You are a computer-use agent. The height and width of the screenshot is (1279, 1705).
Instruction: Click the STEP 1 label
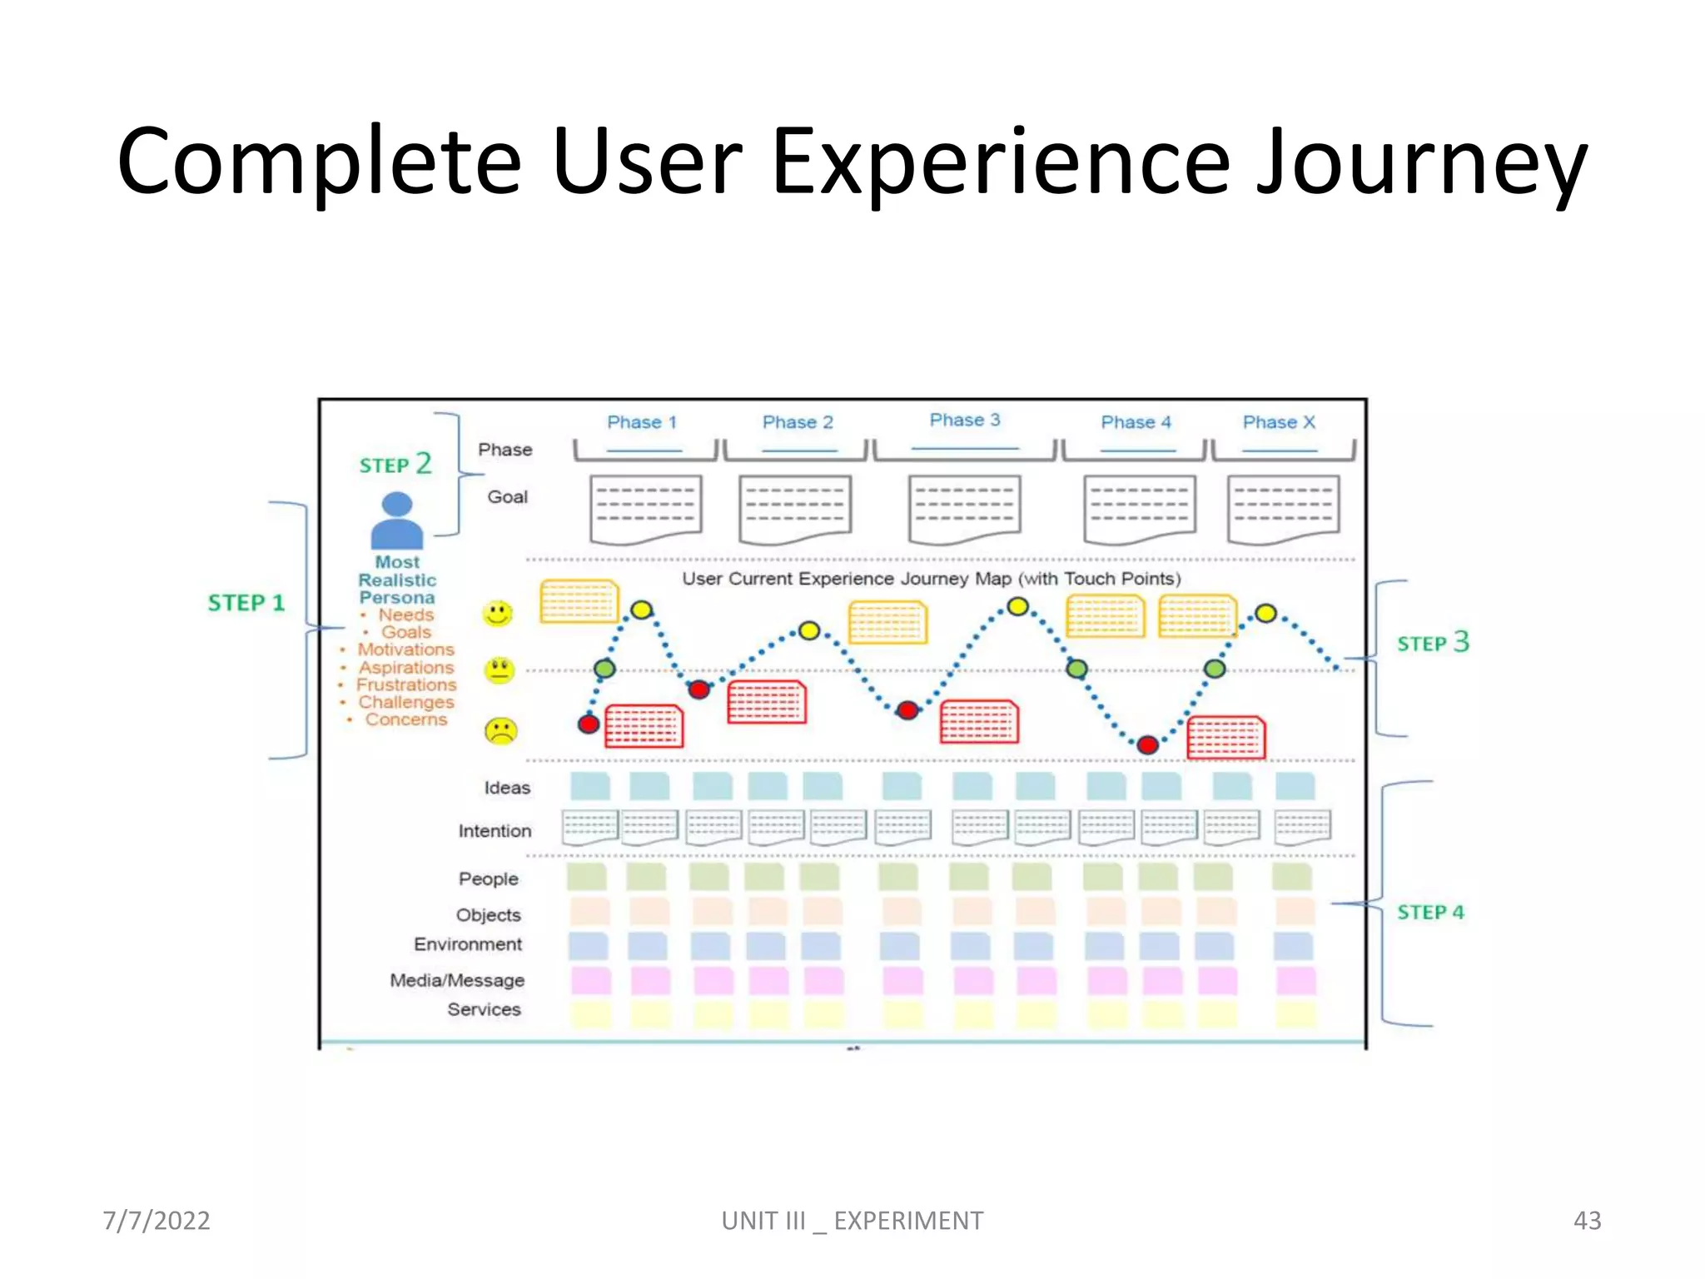coord(246,603)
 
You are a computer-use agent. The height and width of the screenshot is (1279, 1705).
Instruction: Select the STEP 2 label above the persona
coord(395,464)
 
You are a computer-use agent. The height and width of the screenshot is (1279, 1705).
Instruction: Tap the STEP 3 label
coord(1433,643)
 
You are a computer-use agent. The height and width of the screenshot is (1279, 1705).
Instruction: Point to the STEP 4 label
coord(1429,913)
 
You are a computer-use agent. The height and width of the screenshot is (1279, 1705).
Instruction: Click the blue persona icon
coord(397,520)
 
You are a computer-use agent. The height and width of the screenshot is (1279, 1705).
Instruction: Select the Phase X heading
coord(1279,422)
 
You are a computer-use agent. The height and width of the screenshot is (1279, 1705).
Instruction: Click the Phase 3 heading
coord(964,421)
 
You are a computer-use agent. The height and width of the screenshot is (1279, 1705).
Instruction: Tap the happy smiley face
coord(498,615)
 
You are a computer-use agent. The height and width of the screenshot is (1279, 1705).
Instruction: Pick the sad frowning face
coord(500,731)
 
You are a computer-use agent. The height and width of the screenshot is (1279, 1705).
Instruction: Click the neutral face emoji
coord(500,669)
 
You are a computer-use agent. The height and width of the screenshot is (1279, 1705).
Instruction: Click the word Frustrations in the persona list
coord(406,684)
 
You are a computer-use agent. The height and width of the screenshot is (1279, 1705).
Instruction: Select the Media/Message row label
coord(457,980)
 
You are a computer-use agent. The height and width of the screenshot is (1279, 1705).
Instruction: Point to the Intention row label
coord(495,831)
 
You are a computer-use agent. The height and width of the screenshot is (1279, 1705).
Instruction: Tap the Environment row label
coord(468,944)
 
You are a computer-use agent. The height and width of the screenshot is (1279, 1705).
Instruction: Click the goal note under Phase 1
coord(645,509)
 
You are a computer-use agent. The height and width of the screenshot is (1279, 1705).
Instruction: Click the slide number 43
coord(1586,1221)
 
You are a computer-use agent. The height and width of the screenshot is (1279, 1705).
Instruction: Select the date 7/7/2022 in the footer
coord(157,1221)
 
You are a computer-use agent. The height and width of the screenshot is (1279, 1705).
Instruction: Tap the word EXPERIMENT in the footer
coord(908,1221)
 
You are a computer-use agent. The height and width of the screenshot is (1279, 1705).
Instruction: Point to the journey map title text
coord(931,579)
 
